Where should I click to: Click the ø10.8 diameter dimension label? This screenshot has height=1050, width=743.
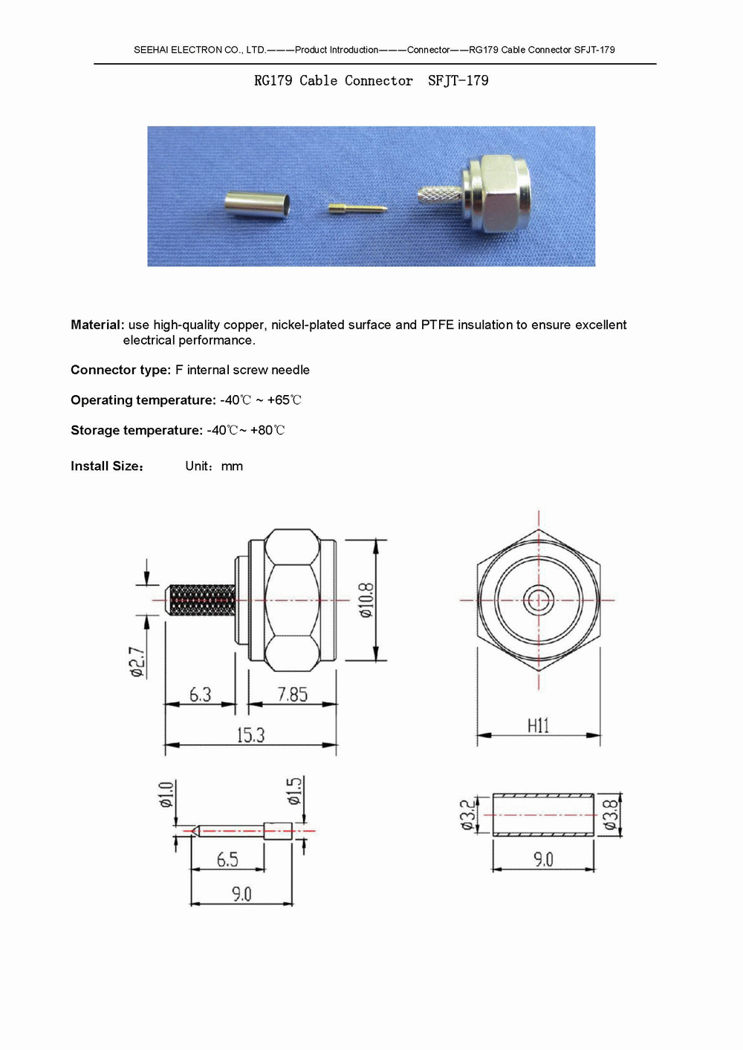tap(366, 600)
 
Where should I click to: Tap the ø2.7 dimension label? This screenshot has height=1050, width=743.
tap(137, 662)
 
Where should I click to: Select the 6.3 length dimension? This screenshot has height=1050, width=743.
tap(200, 694)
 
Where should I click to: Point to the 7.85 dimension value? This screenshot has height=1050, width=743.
tap(292, 694)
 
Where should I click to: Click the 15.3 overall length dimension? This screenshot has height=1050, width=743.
tap(250, 735)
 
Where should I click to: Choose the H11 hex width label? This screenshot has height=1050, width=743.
tap(538, 725)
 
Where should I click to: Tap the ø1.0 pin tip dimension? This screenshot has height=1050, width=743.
tap(166, 794)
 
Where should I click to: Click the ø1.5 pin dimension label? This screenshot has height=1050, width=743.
tap(295, 791)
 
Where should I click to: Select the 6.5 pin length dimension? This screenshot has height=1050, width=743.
tap(227, 859)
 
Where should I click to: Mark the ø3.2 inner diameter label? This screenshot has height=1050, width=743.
tap(467, 815)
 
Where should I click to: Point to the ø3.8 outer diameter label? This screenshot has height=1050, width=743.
tap(611, 815)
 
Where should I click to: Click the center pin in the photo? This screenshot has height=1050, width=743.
tap(357, 209)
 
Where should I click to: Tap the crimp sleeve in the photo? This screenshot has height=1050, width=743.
tap(257, 204)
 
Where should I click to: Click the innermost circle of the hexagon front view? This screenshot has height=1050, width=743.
tap(538, 600)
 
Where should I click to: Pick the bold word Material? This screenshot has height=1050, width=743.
tap(96, 325)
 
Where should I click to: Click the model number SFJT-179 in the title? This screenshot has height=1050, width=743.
tap(458, 81)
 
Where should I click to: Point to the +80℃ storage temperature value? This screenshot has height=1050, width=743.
tap(267, 431)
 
